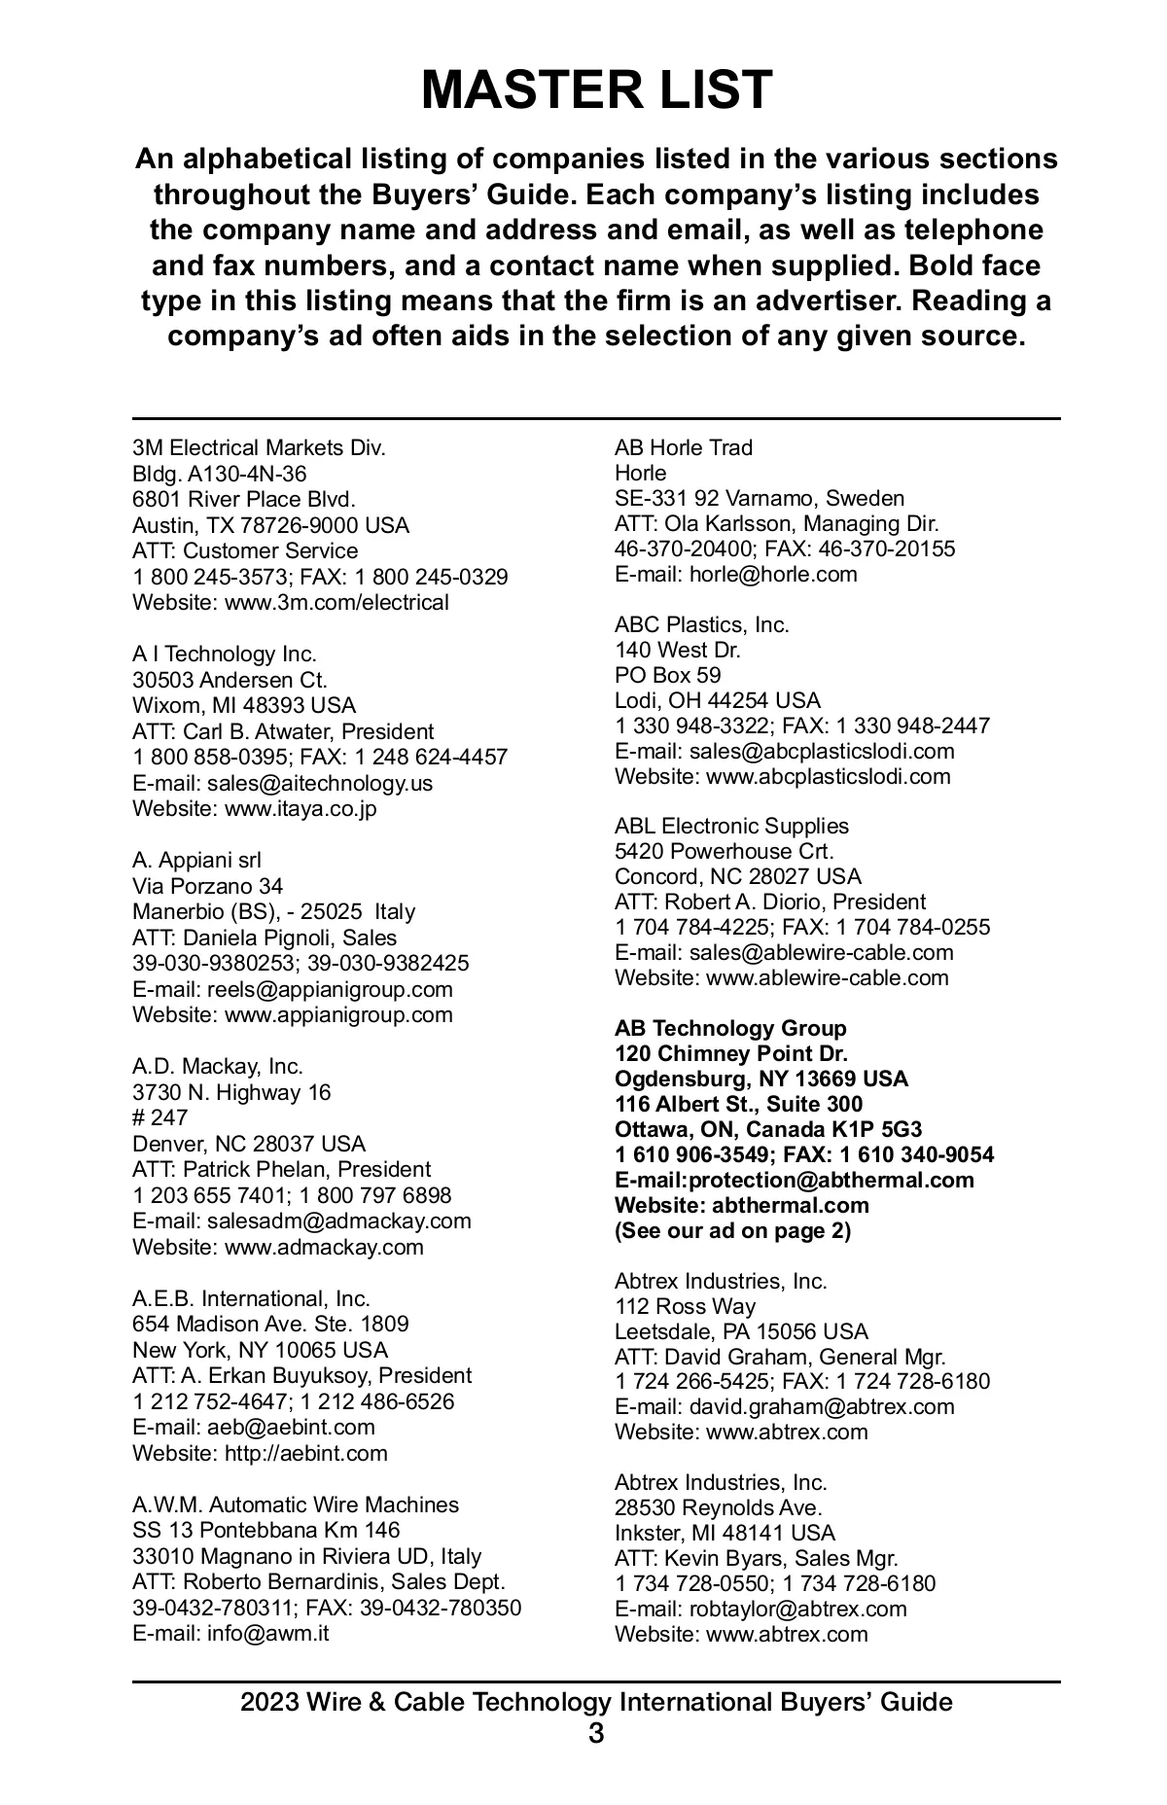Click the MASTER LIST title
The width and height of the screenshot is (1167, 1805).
point(596,89)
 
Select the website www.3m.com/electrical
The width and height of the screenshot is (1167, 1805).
point(336,602)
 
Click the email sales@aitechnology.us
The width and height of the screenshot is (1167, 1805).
point(320,783)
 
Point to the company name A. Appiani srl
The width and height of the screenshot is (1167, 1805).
point(196,861)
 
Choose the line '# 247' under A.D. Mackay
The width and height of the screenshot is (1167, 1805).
point(159,1117)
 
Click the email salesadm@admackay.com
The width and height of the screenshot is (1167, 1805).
point(338,1221)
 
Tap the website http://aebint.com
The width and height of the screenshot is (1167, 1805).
point(305,1453)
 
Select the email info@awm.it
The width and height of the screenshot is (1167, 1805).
point(267,1633)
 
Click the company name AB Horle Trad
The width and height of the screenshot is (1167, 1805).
point(683,447)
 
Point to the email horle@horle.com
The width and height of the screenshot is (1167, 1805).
point(773,574)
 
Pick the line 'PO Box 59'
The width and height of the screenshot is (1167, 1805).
point(667,675)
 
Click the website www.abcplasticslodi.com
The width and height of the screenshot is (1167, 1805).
point(828,776)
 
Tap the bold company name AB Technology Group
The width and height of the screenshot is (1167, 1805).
point(730,1029)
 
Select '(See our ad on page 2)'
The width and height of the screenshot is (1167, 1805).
point(732,1231)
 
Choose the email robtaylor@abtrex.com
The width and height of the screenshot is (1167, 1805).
point(797,1609)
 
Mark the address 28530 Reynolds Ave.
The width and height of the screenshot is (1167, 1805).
point(718,1507)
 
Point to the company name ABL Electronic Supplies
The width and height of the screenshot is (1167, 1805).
point(731,827)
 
